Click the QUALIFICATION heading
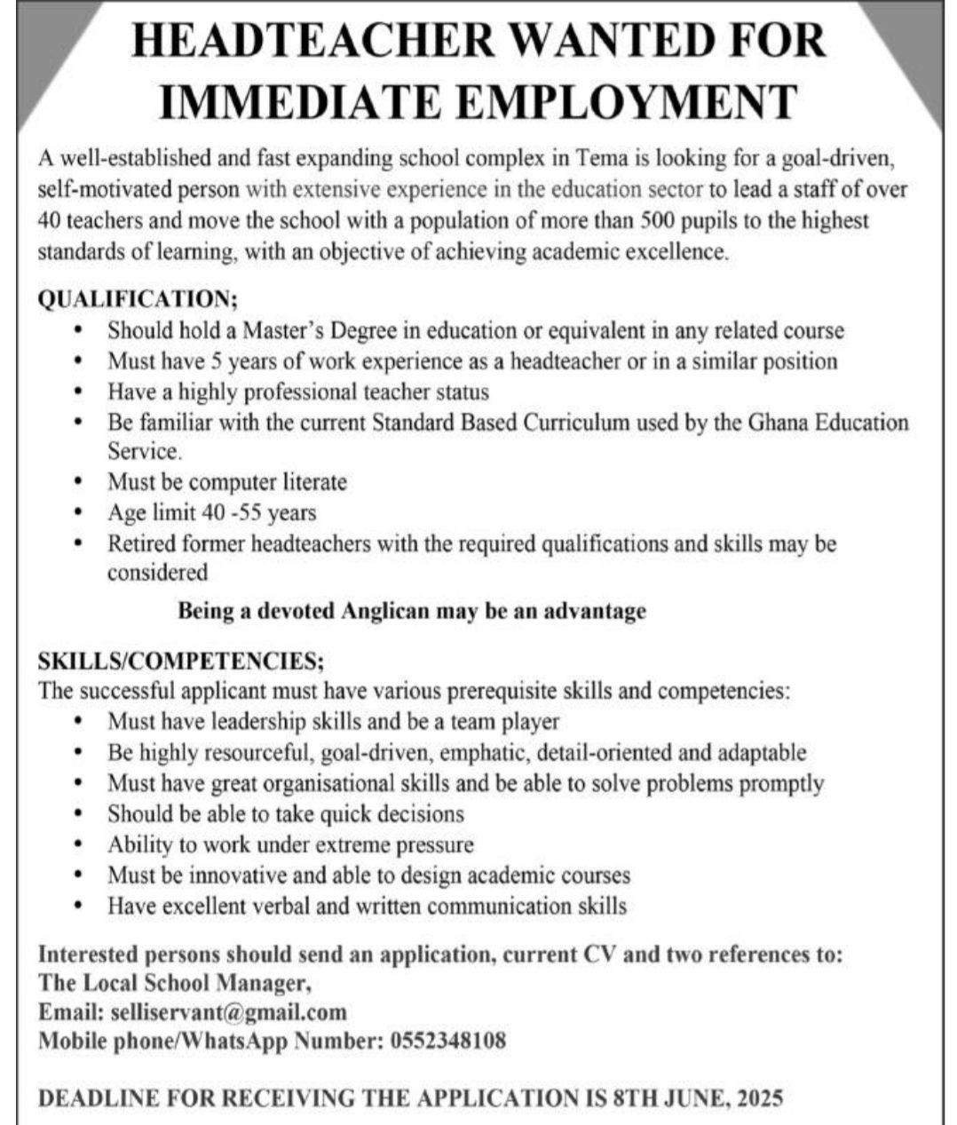click(138, 299)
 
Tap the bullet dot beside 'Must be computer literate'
click(79, 482)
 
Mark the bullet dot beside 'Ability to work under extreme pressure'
click(79, 844)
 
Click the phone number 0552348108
click(448, 1041)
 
